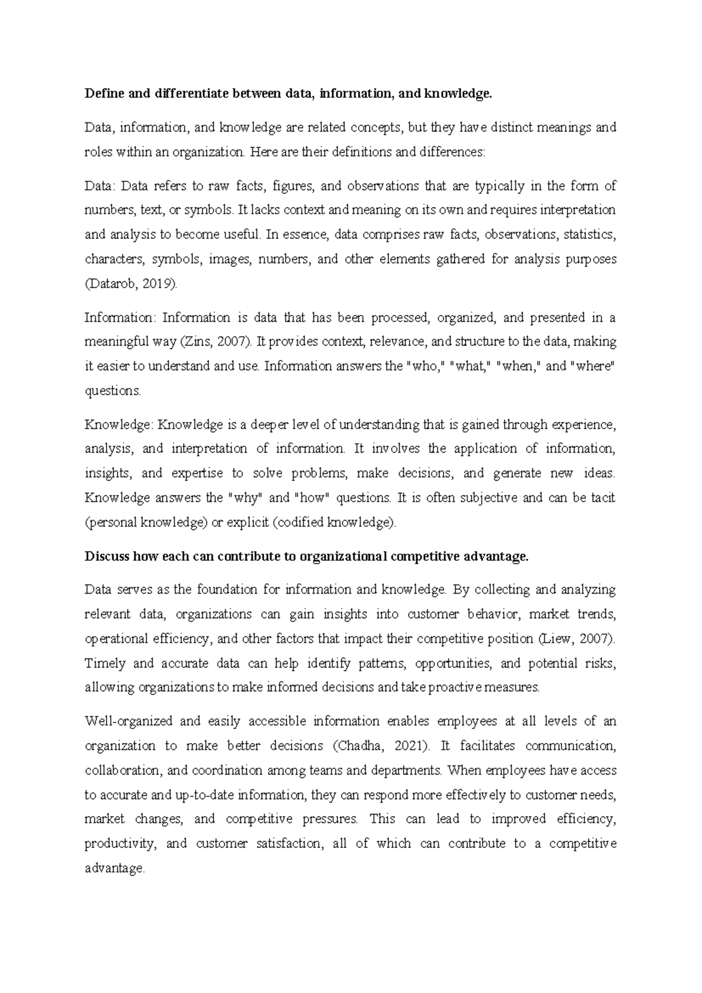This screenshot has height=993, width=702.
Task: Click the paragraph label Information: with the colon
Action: [121, 318]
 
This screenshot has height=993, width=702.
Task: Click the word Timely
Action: [105, 663]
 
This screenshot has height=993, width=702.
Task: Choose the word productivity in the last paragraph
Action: [120, 844]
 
